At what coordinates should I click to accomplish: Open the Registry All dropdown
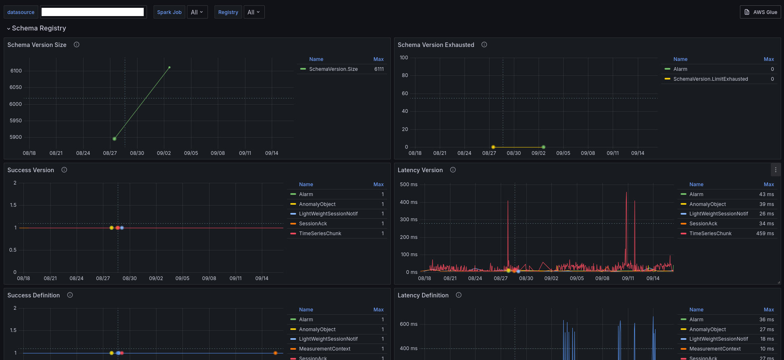[254, 12]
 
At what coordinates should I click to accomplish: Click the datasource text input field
[93, 12]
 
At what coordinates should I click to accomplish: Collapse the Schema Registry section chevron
[9, 28]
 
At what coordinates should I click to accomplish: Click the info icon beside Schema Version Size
[77, 44]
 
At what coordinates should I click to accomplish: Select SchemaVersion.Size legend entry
[334, 69]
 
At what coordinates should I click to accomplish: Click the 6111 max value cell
[379, 69]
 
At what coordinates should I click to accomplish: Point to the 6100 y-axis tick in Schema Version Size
[16, 71]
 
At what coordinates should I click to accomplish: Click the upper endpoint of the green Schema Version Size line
[169, 67]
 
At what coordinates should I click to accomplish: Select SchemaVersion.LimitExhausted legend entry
[711, 79]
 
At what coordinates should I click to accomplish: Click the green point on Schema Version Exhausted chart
[544, 147]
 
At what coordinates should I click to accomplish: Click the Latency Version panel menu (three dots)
[776, 170]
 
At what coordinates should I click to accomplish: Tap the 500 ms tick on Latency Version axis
[408, 185]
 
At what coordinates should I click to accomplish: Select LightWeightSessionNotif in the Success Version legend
[328, 214]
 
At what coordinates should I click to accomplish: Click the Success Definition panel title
[33, 295]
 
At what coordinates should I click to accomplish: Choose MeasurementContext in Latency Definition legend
[715, 349]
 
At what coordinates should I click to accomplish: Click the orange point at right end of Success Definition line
[275, 353]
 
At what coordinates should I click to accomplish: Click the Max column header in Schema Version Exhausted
[769, 59]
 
